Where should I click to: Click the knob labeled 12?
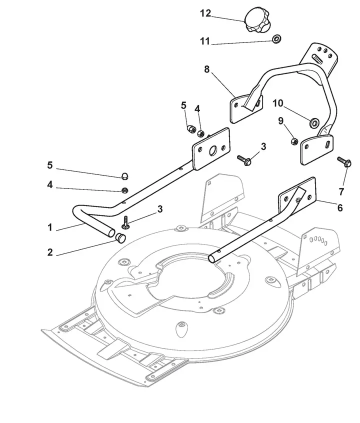[x=257, y=20]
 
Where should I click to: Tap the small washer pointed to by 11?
[x=276, y=38]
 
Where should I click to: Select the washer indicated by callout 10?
[x=314, y=122]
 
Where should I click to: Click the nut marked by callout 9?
[x=294, y=141]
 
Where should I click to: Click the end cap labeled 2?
[x=120, y=238]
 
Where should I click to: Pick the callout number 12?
[x=205, y=13]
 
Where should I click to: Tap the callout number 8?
[x=206, y=69]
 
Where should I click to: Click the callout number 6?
[x=340, y=207]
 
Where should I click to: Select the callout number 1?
[x=50, y=227]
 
